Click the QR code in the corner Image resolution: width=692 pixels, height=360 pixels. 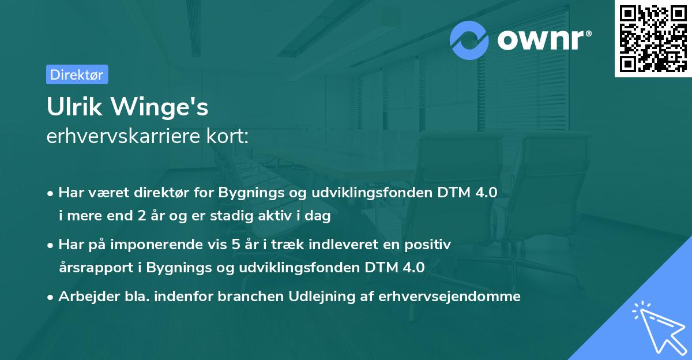coord(652,39)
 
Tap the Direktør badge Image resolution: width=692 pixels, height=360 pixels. coord(77,74)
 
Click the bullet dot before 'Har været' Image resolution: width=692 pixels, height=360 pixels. coord(51,193)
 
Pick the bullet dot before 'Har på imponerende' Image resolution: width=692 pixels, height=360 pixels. coord(51,245)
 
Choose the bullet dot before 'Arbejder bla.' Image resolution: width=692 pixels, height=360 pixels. coord(51,297)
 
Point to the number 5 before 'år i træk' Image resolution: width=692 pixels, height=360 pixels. coord(235,245)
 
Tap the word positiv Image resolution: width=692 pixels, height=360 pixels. coord(427,245)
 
